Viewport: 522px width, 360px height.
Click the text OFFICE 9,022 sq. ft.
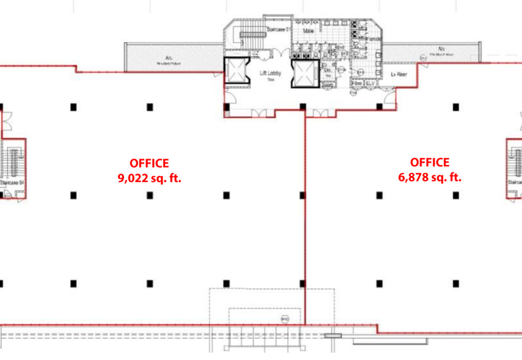coord(149,170)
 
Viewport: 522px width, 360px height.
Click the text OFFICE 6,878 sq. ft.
coord(429,170)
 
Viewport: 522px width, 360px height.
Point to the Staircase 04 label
coord(12,183)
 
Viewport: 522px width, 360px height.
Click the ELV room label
coord(370,84)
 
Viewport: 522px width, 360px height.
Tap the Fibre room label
coord(357,84)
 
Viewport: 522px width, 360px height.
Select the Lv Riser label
coord(399,74)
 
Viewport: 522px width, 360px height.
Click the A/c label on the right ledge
coord(442,49)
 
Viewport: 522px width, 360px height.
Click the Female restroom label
coord(374,40)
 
